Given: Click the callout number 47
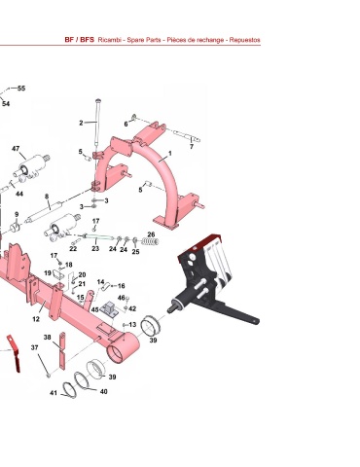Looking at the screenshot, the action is tap(16, 149).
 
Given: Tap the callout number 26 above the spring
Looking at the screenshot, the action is tap(151, 234).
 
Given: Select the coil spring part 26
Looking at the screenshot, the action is tap(151, 241).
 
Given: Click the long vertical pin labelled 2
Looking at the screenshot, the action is tap(97, 124).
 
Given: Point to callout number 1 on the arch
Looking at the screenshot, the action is tap(170, 153).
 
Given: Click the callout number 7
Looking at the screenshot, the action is tap(192, 147).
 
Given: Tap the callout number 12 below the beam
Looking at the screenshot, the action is tap(36, 319).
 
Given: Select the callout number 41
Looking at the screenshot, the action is tap(54, 393).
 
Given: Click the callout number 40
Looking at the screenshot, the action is tap(103, 392).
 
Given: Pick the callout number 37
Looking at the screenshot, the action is tap(34, 347).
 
